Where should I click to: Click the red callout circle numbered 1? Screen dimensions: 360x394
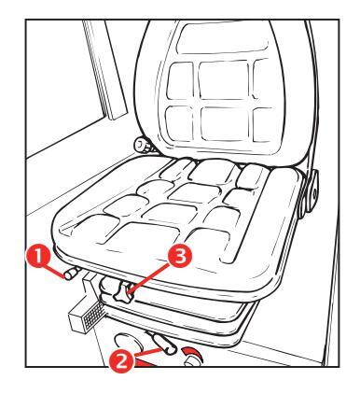point(38,256)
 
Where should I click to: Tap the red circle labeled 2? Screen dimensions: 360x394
point(121,361)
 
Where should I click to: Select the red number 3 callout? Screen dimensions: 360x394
point(180,257)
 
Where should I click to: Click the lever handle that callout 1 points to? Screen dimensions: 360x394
point(71,274)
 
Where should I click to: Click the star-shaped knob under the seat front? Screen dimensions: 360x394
point(123,292)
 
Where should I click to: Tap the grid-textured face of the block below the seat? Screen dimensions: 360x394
point(94,316)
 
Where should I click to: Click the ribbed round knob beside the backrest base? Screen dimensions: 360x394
point(143,146)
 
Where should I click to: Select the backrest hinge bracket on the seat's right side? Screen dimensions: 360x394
point(312,190)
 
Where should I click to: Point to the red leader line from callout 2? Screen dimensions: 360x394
point(148,353)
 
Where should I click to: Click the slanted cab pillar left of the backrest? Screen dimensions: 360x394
point(105,70)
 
